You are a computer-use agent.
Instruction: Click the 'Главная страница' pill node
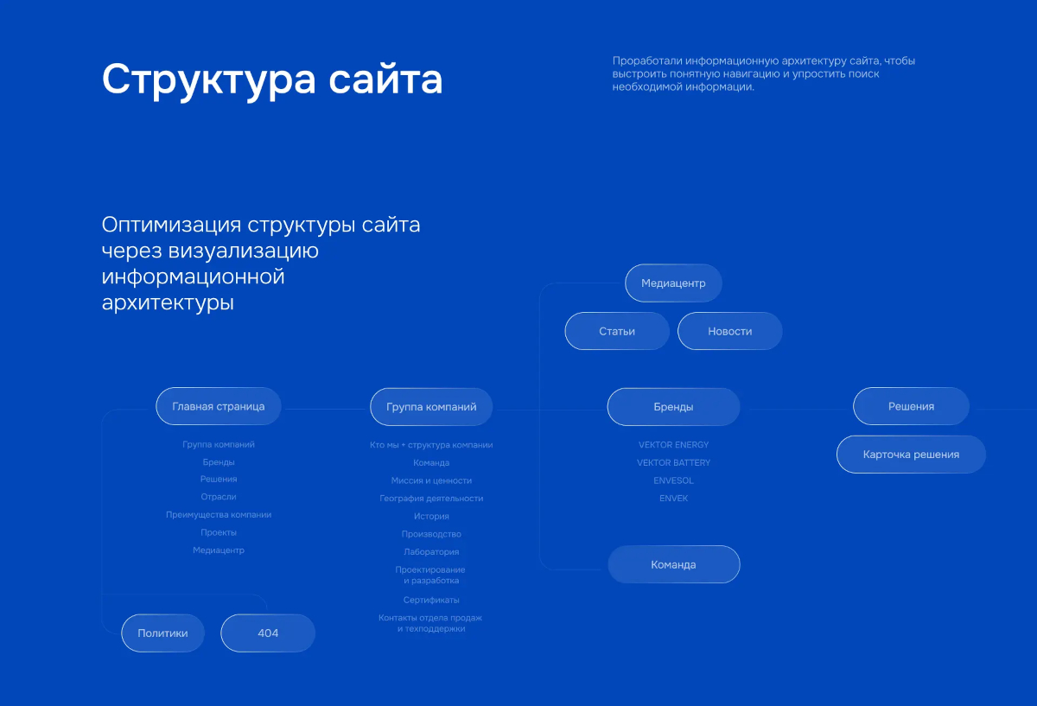click(x=219, y=406)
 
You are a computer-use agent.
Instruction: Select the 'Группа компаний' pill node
click(x=431, y=406)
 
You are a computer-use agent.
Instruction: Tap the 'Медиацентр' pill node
click(x=673, y=283)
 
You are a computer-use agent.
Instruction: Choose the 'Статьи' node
click(x=617, y=331)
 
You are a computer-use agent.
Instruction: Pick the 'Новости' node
click(x=729, y=331)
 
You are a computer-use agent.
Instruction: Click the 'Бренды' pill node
click(x=673, y=406)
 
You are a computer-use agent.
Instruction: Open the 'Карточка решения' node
click(x=911, y=455)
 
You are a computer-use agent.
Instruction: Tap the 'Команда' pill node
click(x=673, y=564)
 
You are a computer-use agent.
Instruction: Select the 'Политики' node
click(x=162, y=633)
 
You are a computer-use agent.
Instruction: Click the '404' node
click(x=268, y=633)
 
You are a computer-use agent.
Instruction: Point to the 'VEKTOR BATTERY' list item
click(x=673, y=462)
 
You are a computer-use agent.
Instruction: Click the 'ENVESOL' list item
click(x=673, y=480)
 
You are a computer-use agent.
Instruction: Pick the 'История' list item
click(x=431, y=516)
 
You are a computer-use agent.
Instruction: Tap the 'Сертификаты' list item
click(x=431, y=600)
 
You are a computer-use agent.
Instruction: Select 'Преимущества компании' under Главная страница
click(x=219, y=514)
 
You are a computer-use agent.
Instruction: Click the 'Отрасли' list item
click(x=219, y=497)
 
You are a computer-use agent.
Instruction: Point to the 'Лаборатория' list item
click(x=431, y=552)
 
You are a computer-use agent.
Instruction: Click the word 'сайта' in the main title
click(x=385, y=80)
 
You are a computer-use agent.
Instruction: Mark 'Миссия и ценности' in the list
click(x=431, y=480)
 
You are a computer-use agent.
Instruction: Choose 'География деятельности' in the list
click(x=431, y=499)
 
